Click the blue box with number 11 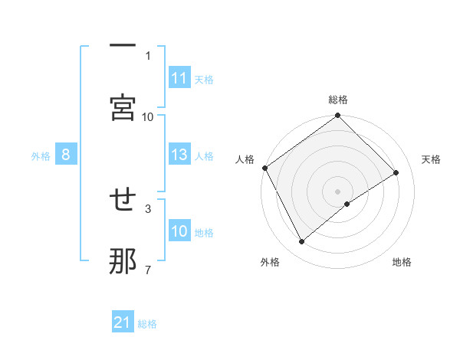click(x=179, y=78)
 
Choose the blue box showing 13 click(x=179, y=155)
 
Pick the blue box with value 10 click(x=179, y=231)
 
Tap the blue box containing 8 click(x=66, y=155)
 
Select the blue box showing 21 click(x=123, y=323)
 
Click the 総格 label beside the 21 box click(x=147, y=324)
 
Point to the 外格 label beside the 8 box click(x=41, y=155)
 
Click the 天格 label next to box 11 click(x=204, y=79)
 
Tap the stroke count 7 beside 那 click(x=148, y=270)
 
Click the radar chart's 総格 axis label click(x=338, y=100)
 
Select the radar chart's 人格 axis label click(x=245, y=159)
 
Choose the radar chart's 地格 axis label click(x=402, y=262)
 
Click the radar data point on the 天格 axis click(x=396, y=173)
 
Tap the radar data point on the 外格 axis click(x=302, y=242)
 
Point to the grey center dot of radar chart click(x=337, y=191)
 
